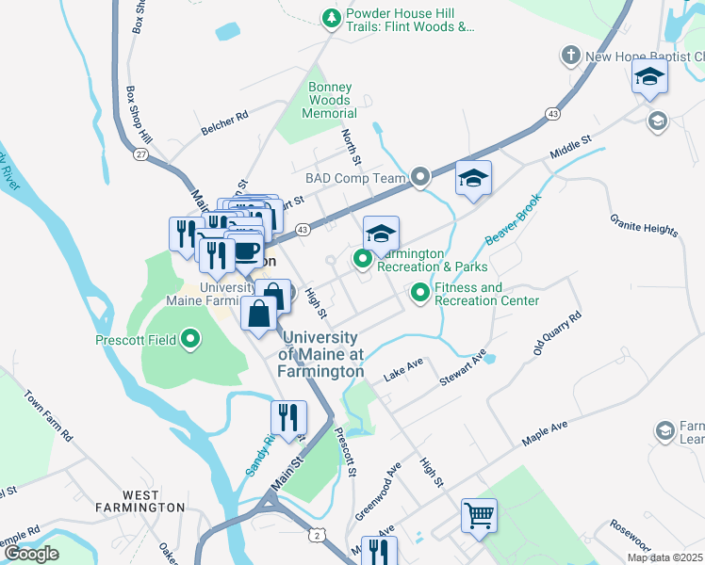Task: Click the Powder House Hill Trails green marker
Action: [331, 17]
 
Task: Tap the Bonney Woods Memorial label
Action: [329, 100]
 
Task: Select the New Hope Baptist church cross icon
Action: [570, 56]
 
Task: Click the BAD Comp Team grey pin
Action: [420, 177]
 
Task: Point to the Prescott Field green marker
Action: [191, 338]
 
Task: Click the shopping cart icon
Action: [479, 516]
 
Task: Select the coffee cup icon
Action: [247, 251]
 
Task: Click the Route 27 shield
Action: [140, 154]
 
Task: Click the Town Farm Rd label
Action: [47, 417]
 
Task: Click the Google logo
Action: [30, 554]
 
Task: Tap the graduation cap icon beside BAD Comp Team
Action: [473, 178]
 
